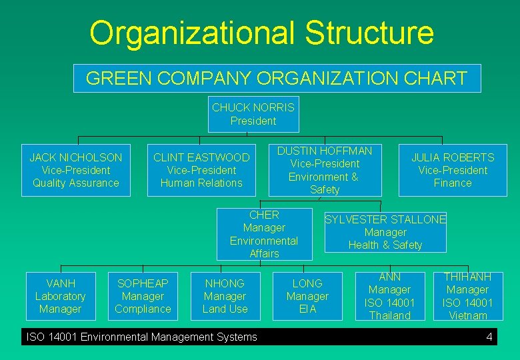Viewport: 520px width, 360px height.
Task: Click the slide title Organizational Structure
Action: (x=261, y=33)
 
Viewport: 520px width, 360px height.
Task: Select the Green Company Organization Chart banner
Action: (x=277, y=78)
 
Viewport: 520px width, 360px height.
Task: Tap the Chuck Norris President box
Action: (x=253, y=114)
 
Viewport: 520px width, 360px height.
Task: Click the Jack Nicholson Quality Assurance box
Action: (x=76, y=170)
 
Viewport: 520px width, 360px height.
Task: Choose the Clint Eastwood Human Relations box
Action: (x=201, y=170)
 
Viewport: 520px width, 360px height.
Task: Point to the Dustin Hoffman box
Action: (x=325, y=170)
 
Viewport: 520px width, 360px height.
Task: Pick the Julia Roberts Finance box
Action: (x=453, y=170)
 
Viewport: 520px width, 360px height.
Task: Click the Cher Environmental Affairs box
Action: (x=264, y=234)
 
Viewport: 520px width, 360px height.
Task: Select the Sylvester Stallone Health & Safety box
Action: (x=385, y=232)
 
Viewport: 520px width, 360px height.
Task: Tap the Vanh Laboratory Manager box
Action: (x=60, y=296)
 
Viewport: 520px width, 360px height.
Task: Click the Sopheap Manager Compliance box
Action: (x=143, y=296)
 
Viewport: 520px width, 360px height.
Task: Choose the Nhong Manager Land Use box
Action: (x=225, y=296)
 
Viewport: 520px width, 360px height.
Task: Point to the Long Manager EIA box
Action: (x=307, y=296)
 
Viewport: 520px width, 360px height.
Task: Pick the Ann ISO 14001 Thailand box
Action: (x=389, y=296)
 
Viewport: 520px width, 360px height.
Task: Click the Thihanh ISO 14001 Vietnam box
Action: (x=467, y=296)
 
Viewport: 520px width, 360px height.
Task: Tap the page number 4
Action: (x=489, y=337)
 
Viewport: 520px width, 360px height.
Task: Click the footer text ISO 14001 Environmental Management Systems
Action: (x=141, y=337)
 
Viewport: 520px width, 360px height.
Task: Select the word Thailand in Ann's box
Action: (x=389, y=315)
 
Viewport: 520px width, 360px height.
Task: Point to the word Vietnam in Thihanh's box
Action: (x=468, y=315)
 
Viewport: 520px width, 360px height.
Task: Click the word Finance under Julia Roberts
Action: (x=453, y=183)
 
